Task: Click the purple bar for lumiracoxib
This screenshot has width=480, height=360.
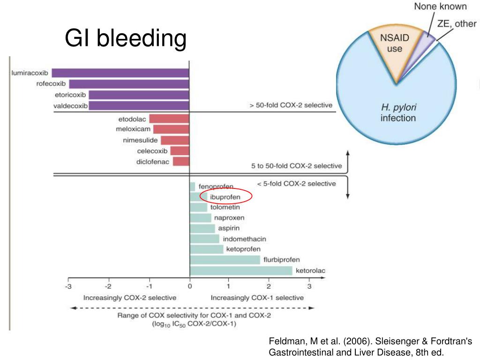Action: [x=120, y=73]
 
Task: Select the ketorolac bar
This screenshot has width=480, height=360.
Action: [x=241, y=270]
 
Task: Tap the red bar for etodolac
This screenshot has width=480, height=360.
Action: [x=169, y=119]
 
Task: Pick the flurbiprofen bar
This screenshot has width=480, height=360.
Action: [x=225, y=260]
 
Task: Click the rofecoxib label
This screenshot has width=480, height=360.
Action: [x=51, y=84]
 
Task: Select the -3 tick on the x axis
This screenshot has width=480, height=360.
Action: [x=68, y=286]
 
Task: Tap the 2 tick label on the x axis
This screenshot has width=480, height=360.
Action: [x=269, y=286]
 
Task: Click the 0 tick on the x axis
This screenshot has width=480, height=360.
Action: [x=189, y=286]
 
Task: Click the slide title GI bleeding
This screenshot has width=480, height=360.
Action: [x=125, y=38]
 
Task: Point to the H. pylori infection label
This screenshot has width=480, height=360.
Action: [x=398, y=112]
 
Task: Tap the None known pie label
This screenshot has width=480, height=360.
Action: [x=440, y=7]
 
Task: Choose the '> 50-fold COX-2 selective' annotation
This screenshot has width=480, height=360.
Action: [x=291, y=105]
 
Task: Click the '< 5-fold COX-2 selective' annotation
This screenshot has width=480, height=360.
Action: [x=296, y=183]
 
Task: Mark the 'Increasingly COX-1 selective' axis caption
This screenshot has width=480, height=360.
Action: [x=257, y=298]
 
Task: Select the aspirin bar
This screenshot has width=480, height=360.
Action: [x=202, y=228]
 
